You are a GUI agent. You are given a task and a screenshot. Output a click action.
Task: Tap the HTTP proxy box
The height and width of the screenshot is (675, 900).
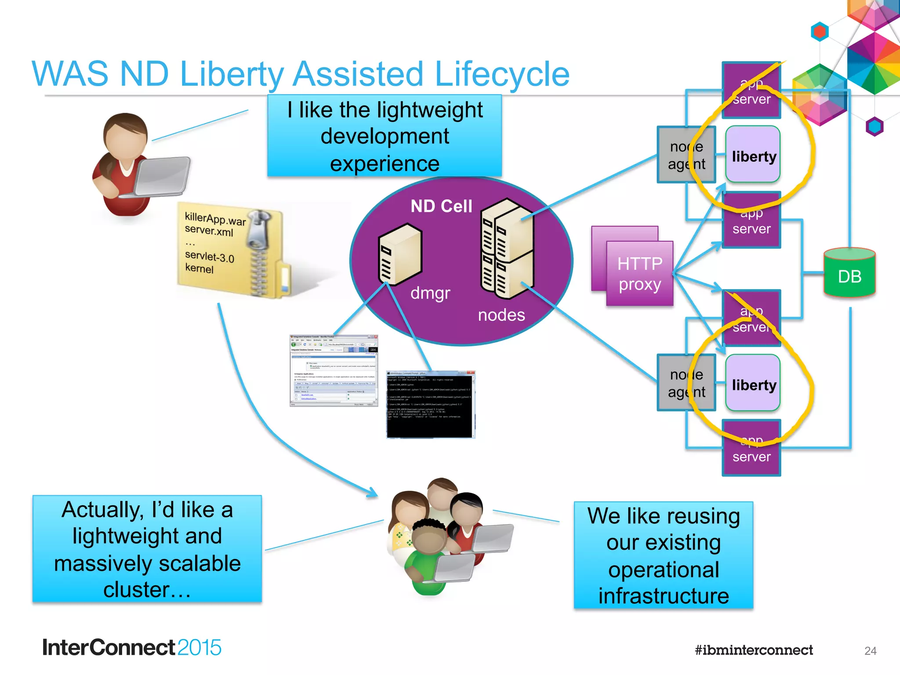[639, 273]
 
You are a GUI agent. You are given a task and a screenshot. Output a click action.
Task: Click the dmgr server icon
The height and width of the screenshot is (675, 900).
[399, 255]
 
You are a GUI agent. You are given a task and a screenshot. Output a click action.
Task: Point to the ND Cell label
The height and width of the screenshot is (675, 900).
[441, 206]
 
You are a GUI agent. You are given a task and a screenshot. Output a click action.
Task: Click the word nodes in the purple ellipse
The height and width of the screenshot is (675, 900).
[501, 315]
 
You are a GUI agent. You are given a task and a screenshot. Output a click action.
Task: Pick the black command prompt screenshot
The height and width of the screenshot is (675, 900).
[430, 404]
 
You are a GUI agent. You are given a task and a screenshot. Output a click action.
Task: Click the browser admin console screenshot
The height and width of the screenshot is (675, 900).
[334, 370]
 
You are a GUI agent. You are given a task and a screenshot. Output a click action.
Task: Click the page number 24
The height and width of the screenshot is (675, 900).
[870, 651]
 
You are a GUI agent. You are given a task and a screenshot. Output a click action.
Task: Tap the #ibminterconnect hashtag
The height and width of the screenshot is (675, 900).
[754, 650]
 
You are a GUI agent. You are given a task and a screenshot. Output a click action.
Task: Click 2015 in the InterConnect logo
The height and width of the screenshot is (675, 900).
[199, 648]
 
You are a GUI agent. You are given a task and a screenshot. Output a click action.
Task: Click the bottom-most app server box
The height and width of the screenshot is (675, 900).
[751, 448]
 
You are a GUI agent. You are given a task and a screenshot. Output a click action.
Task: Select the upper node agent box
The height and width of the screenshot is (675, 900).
[686, 155]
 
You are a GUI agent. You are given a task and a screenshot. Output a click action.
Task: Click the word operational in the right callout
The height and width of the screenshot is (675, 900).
[663, 570]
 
